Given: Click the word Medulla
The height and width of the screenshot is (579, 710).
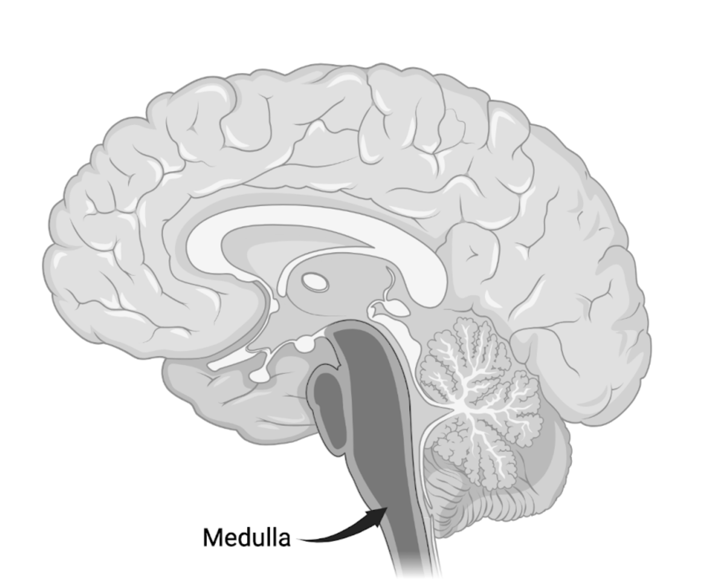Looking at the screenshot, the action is click(246, 537).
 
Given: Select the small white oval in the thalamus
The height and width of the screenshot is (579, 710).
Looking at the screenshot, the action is click(315, 282).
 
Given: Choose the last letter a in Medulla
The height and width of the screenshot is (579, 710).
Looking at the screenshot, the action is click(284, 540).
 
